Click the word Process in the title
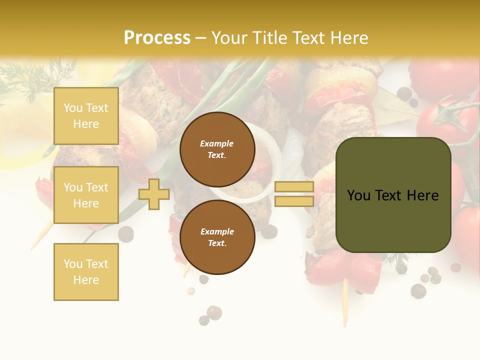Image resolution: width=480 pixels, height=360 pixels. pos(157,38)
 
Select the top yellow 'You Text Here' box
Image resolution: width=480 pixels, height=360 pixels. pos(86,116)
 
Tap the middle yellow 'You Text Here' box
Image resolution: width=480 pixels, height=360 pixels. pos(86,195)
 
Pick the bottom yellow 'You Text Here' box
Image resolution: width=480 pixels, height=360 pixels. pos(86,272)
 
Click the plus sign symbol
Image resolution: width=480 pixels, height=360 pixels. pos(154,194)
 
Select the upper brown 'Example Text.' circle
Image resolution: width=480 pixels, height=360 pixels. pos(217,149)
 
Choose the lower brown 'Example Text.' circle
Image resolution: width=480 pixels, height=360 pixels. pos(217,237)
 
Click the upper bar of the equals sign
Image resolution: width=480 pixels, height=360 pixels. pos(294,187)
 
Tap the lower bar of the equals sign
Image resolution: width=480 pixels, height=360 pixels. pos(294,201)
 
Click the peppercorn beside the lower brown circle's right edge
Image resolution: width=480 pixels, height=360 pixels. pos(269,231)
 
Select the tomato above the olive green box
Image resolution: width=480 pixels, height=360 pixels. pos(442,120)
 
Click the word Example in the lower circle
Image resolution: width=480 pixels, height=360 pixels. pos(217,231)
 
